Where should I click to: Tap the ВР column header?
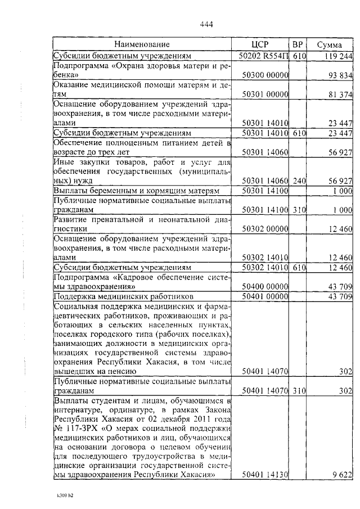pos(298,44)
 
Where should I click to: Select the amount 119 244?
pos(338,56)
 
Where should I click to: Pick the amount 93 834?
pos(340,75)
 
